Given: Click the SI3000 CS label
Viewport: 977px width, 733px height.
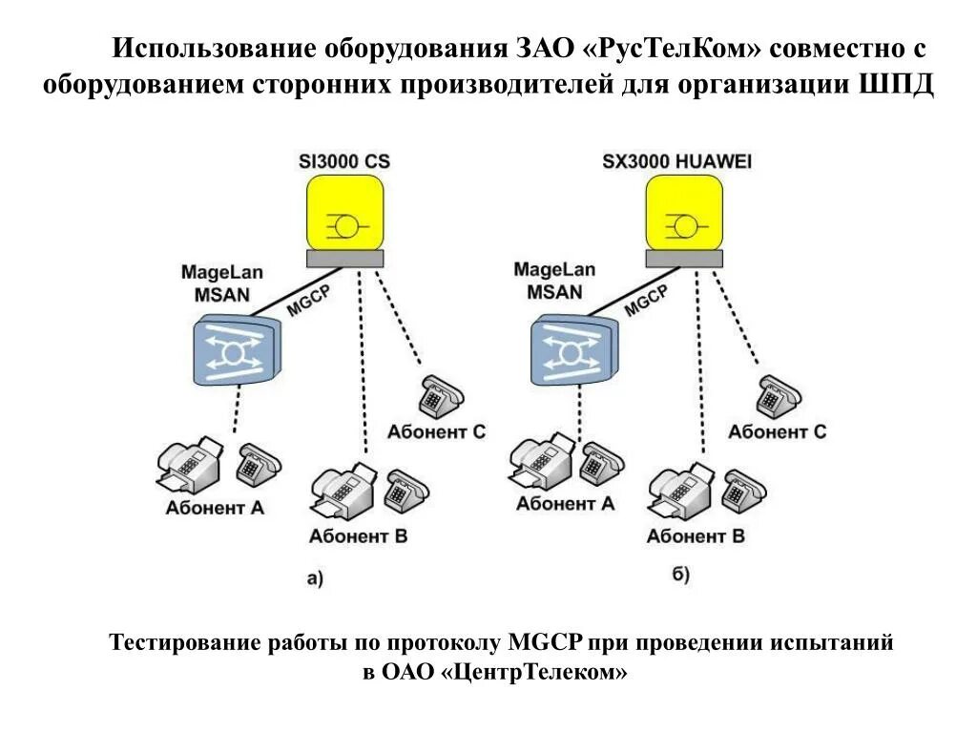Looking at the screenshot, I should tap(344, 162).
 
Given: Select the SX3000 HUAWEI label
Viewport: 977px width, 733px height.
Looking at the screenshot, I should tap(676, 162).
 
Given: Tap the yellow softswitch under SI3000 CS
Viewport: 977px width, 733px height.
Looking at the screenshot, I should tap(344, 218).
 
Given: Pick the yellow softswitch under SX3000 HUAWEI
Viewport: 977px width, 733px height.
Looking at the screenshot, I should tap(683, 218).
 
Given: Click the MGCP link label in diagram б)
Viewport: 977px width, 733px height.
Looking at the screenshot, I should tap(646, 299).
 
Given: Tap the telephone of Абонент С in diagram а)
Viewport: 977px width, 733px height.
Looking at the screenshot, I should tap(440, 395).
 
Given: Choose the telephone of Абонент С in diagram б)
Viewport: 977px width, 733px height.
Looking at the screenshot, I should tap(780, 395).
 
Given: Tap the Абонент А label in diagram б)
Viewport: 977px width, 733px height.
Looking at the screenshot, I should tap(566, 504).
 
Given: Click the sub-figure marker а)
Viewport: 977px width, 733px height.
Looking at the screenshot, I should tap(315, 576).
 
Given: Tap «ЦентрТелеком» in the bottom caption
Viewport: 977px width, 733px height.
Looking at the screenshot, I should tap(534, 673).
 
